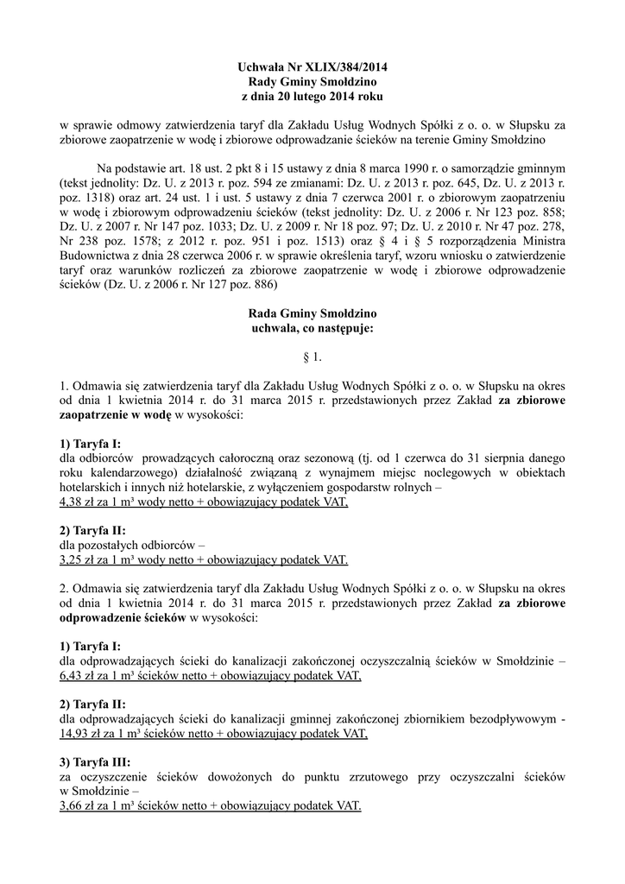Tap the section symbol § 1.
[x=312, y=355]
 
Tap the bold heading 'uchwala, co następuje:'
[x=312, y=328]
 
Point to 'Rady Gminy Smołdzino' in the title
[x=312, y=81]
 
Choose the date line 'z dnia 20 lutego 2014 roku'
[x=312, y=96]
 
